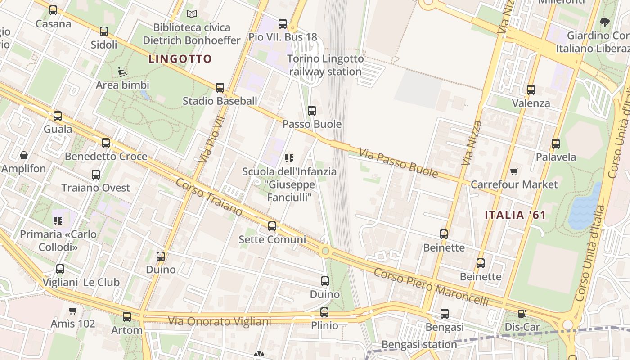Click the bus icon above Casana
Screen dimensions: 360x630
tap(53, 10)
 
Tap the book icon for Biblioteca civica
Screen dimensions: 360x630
tap(192, 14)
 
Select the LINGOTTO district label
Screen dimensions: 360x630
tap(180, 59)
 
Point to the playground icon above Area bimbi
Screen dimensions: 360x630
tap(122, 71)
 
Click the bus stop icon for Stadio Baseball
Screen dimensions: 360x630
tap(220, 88)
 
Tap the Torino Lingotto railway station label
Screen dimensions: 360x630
tap(325, 65)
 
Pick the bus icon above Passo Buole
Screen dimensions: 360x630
tap(311, 111)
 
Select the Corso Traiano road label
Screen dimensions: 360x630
tap(209, 197)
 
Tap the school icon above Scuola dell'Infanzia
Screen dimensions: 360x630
tap(289, 158)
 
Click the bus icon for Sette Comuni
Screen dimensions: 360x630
tap(272, 226)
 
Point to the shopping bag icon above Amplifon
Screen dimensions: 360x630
tap(24, 156)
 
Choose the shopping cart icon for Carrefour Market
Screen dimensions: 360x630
tap(514, 171)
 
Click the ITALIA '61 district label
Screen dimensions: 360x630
tap(515, 215)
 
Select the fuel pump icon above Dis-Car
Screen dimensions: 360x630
tap(522, 314)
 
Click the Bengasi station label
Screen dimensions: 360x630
tap(419, 345)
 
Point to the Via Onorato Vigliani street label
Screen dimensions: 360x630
tap(220, 321)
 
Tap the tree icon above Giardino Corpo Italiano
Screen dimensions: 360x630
tap(605, 22)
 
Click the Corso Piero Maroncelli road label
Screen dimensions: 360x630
tap(431, 286)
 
